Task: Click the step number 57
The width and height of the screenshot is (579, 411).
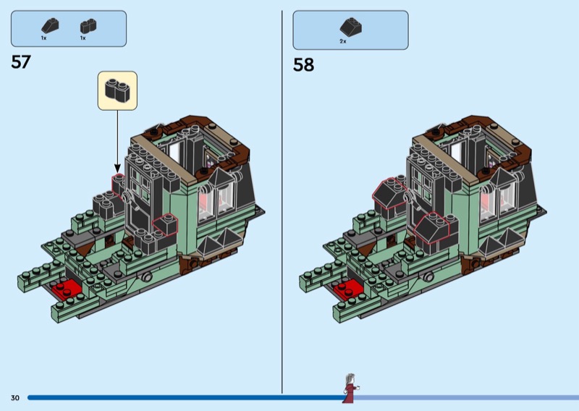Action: [21, 62]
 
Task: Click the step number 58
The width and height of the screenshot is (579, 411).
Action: [303, 64]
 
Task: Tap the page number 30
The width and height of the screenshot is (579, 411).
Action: [14, 398]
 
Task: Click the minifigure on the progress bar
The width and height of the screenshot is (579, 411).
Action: [350, 388]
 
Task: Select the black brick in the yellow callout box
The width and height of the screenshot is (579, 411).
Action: [117, 90]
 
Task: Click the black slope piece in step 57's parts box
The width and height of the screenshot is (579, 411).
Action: [50, 25]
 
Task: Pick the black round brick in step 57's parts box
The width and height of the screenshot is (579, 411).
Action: [88, 26]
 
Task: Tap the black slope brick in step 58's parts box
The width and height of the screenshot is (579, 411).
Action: [351, 27]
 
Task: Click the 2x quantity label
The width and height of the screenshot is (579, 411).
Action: [343, 41]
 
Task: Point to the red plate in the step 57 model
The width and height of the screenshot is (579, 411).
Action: [67, 289]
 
